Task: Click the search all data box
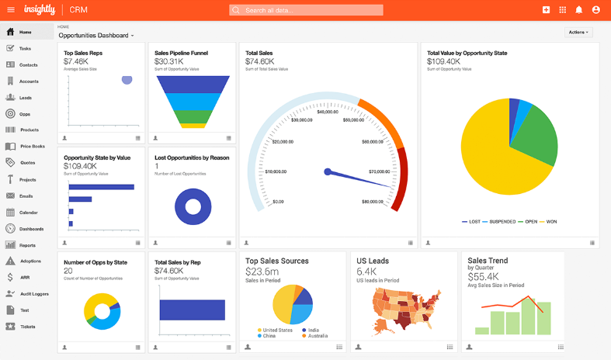point(306,10)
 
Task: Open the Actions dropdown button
point(578,32)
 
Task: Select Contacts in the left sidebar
point(28,64)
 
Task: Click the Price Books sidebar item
point(32,146)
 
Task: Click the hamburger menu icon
point(10,10)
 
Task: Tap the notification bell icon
point(578,10)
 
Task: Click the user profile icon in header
point(596,10)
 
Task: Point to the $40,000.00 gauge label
point(327,112)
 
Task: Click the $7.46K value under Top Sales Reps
point(76,61)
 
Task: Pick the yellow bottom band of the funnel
point(192,124)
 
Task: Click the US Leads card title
point(373,261)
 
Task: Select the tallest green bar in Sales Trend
point(529,306)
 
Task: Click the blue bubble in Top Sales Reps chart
point(127,80)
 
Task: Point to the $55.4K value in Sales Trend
point(483,275)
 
